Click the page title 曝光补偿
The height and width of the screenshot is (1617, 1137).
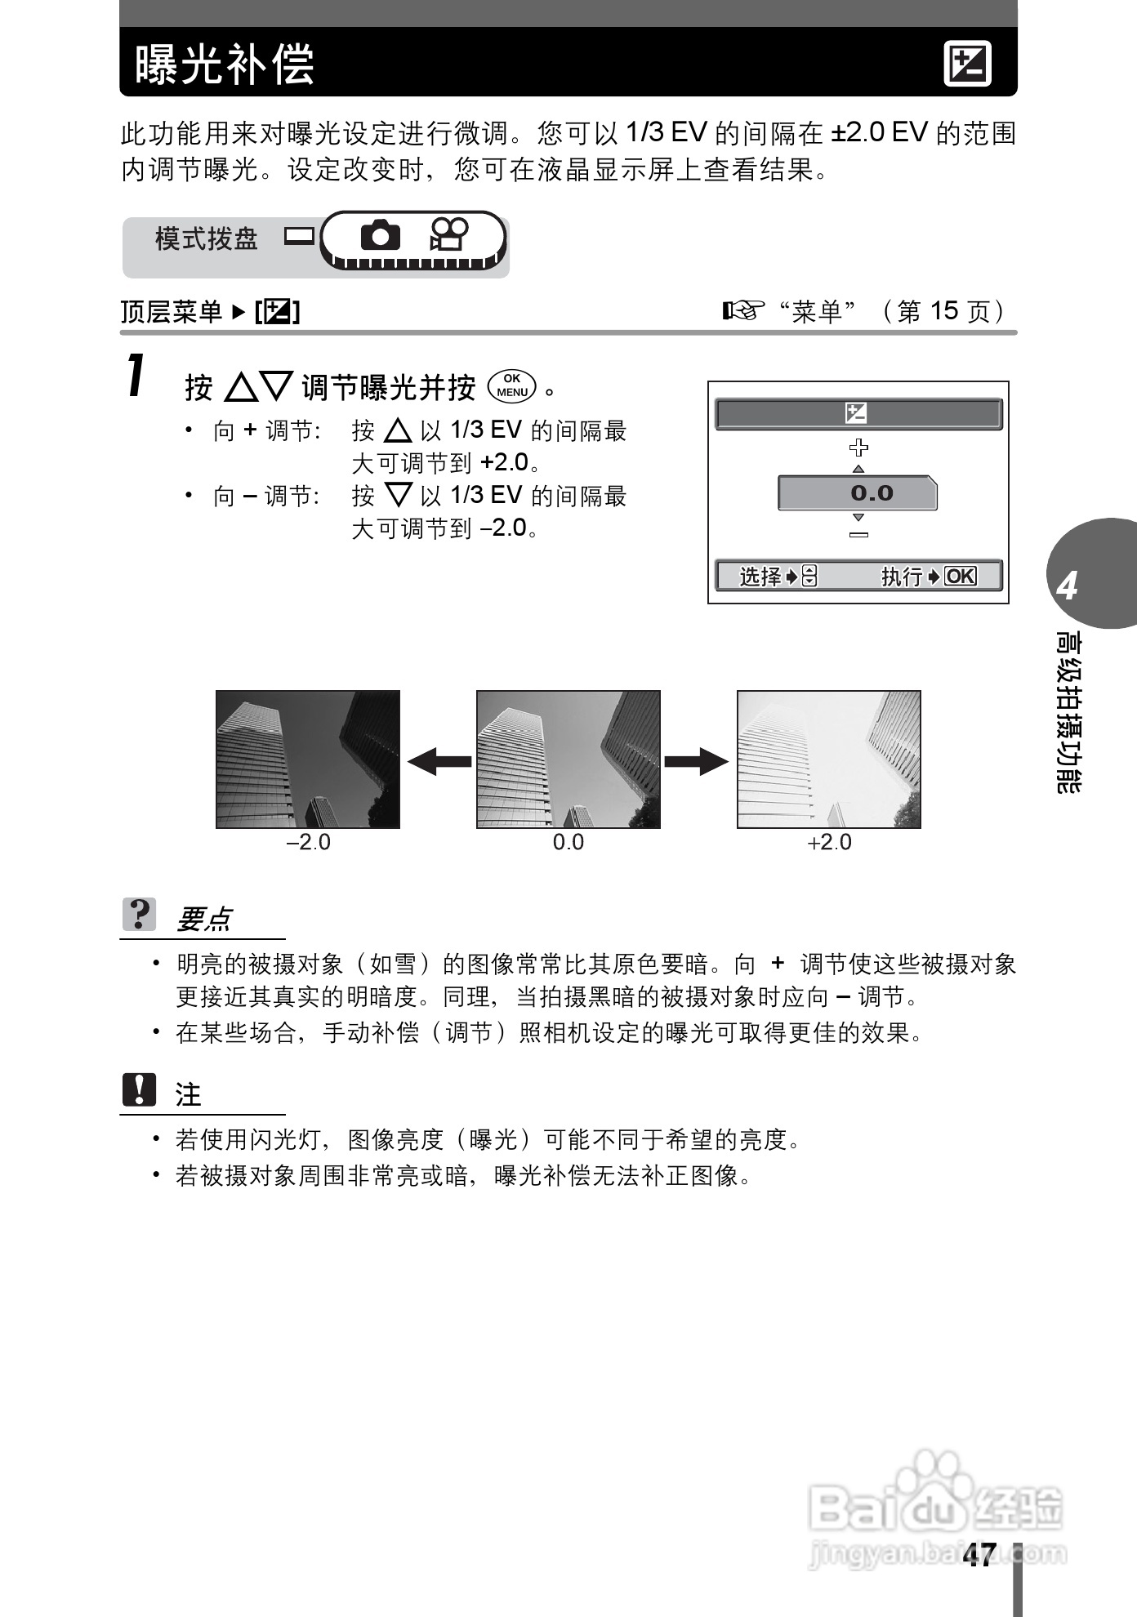click(225, 64)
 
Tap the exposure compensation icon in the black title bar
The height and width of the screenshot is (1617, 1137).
click(967, 64)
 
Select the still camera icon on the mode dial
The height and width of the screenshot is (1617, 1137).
click(380, 236)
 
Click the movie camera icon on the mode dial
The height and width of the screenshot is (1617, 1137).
click(448, 235)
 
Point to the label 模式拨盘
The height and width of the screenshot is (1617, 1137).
click(206, 239)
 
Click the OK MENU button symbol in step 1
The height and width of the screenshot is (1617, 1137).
click(512, 385)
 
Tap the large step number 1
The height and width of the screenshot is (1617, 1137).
click(137, 376)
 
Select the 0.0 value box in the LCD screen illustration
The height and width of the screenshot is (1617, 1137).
click(857, 493)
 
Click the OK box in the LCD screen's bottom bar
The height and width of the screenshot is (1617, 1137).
click(960, 576)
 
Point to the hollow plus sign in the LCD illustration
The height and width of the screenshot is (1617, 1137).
click(858, 447)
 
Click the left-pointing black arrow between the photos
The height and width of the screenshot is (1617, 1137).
click(439, 761)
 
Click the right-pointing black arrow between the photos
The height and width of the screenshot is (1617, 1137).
click(697, 761)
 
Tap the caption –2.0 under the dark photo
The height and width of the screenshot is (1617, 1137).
click(308, 842)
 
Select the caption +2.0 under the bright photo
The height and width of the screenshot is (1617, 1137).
click(829, 842)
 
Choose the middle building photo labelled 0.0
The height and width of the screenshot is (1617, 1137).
click(568, 759)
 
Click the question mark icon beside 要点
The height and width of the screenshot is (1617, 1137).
click(140, 915)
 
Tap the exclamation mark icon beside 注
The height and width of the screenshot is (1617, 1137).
click(140, 1090)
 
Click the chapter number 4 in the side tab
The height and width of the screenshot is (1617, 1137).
click(1068, 586)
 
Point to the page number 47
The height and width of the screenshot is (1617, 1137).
click(979, 1556)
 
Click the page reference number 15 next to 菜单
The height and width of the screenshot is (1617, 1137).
click(943, 310)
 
